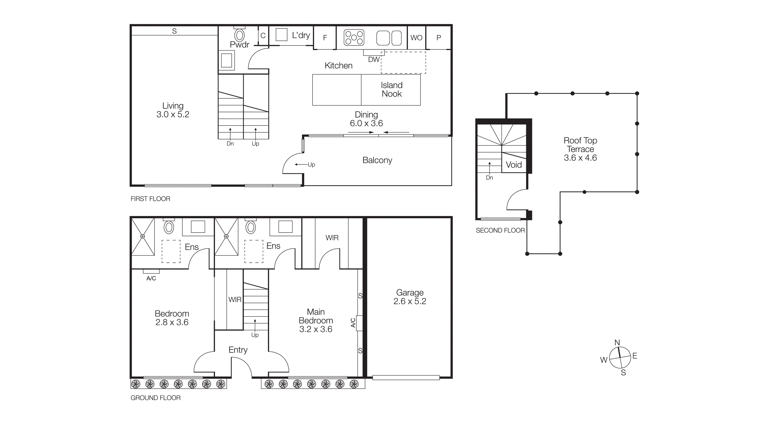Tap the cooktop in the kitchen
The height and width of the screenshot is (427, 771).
pos(354,37)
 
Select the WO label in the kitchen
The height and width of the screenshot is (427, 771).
pos(416,38)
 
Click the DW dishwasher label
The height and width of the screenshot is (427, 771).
pos(374,60)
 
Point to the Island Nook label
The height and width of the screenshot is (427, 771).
pos(392,89)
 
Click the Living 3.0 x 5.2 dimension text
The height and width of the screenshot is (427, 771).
pos(173,114)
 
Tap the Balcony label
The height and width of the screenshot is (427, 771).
pos(377,160)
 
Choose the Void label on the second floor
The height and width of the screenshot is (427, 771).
pos(514,165)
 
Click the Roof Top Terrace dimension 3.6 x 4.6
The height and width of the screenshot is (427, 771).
pos(580,158)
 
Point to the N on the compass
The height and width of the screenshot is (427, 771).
pos(617,343)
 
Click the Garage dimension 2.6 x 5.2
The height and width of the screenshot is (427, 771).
pos(410,301)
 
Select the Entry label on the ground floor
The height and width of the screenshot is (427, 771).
pos(238,350)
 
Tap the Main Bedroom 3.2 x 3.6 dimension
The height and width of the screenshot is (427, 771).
pos(316,329)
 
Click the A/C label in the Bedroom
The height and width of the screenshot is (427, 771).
pos(151,278)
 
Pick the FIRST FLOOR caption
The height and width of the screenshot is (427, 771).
pos(150,199)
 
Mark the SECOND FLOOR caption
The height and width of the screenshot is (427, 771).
pos(500,230)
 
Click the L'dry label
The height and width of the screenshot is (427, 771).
pos(301,35)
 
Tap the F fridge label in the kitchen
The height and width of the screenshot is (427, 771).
pos(325,38)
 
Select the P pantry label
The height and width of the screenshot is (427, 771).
pos(439,38)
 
